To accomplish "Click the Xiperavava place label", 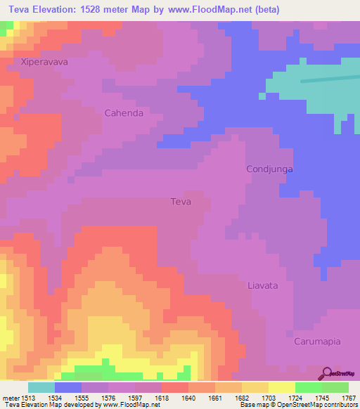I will pyautogui.click(x=44, y=62).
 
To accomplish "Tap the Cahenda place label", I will pyautogui.click(x=124, y=112).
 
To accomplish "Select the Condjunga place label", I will pyautogui.click(x=269, y=169).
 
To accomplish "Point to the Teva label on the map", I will pyautogui.click(x=181, y=202).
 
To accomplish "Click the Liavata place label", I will pyautogui.click(x=263, y=285).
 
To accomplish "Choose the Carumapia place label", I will pyautogui.click(x=317, y=342).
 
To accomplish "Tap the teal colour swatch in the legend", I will pyautogui.click(x=41, y=387).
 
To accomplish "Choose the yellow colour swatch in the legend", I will pyautogui.click(x=282, y=387).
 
